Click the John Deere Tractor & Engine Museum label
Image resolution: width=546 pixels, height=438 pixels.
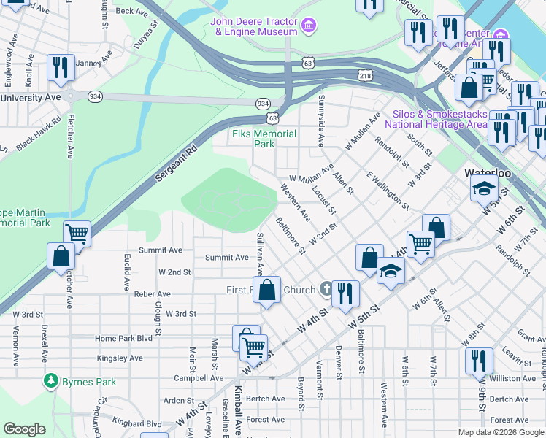click(254, 26)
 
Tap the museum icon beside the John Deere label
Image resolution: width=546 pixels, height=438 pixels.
click(310, 26)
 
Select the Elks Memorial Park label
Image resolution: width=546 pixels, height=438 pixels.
click(264, 139)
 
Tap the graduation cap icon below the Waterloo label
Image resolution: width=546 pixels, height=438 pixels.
click(483, 189)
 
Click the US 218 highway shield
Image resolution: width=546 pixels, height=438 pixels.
click(365, 75)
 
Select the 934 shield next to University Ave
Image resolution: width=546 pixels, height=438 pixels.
click(96, 96)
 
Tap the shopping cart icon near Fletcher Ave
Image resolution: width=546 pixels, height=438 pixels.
click(77, 234)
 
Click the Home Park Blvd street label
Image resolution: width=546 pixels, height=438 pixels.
click(123, 339)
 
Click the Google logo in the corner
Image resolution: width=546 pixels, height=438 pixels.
click(24, 429)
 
